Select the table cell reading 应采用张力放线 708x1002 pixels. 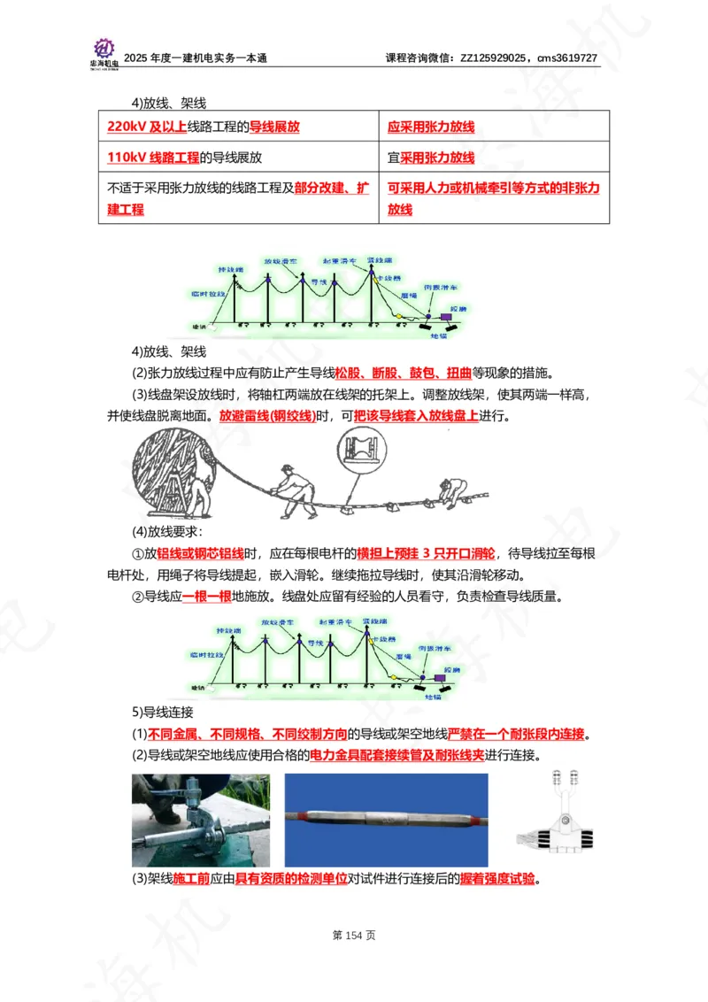[431, 127]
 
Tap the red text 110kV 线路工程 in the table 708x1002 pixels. [153, 158]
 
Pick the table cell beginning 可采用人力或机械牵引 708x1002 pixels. [494, 198]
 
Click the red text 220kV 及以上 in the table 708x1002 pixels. [146, 127]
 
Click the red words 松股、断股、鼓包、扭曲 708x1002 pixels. [402, 371]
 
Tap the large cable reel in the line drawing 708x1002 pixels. [170, 472]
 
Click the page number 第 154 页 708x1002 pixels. [354, 935]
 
